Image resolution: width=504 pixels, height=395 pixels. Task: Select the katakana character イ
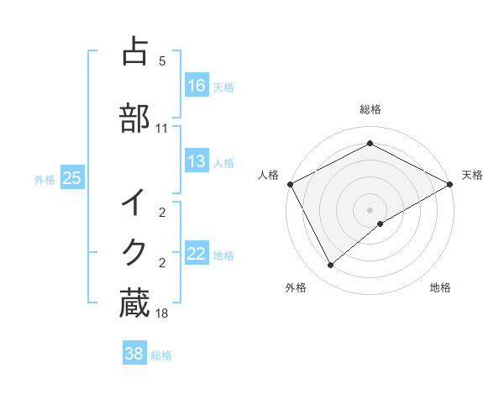[135, 204]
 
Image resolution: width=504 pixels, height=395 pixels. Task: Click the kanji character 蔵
[135, 303]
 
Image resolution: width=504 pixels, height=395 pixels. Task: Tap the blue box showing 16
[197, 86]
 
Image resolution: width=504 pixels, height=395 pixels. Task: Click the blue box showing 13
[197, 161]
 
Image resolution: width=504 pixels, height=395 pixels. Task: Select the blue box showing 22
[197, 254]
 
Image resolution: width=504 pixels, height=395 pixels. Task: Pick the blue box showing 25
[72, 178]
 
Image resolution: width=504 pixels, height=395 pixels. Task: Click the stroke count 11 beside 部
[162, 129]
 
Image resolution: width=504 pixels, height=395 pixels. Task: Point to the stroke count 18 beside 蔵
[162, 314]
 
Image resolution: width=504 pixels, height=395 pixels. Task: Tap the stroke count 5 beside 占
[162, 61]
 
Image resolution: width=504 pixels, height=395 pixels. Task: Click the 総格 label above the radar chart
[370, 110]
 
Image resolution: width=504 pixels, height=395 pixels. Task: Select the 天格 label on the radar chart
[472, 175]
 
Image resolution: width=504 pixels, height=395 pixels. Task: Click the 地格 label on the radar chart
[440, 287]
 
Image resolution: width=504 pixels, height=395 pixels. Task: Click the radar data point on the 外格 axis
[331, 266]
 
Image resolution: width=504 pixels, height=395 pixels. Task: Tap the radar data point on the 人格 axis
[290, 183]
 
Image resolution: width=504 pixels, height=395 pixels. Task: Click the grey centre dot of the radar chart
[370, 209]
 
